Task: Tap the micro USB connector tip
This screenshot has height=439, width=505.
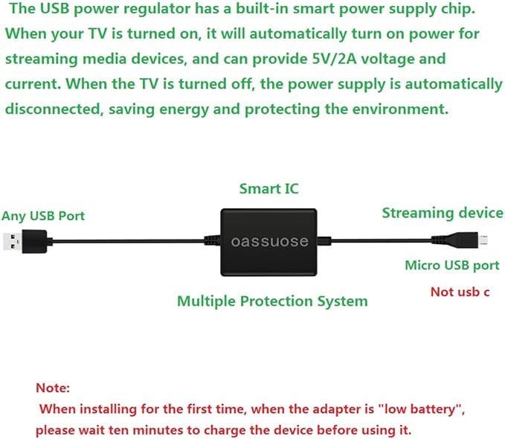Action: (x=482, y=240)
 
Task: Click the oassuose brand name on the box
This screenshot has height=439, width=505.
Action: (x=268, y=242)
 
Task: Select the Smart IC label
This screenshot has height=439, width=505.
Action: (x=268, y=189)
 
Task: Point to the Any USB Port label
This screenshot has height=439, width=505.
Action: (x=43, y=216)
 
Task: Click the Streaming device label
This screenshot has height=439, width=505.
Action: (x=442, y=213)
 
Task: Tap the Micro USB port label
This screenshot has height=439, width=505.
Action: (x=451, y=265)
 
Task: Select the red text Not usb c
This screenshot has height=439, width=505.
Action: (x=460, y=291)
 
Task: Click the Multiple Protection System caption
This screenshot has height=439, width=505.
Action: (x=272, y=301)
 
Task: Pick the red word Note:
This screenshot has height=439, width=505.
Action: (x=53, y=388)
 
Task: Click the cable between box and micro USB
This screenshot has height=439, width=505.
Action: (x=379, y=240)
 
